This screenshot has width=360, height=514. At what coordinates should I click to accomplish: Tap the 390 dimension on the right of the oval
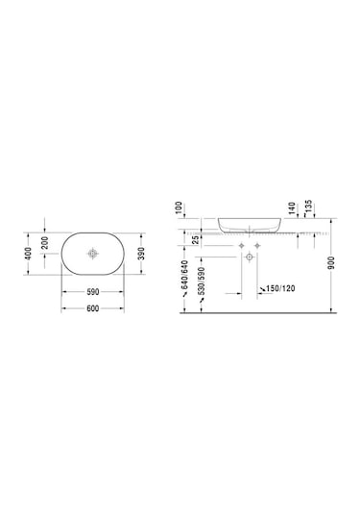143,253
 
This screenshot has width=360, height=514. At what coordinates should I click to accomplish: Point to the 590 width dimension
93,292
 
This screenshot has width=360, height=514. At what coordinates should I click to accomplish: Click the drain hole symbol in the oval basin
93,254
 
